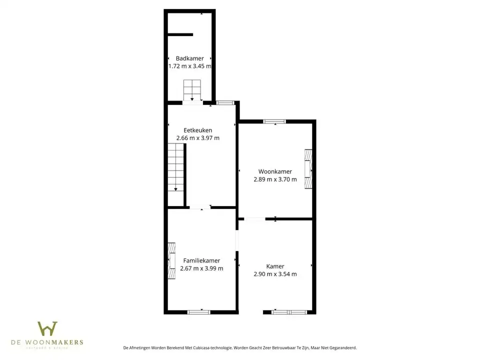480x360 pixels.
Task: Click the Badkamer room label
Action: tap(189, 58)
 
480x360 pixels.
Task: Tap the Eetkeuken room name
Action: tap(197, 130)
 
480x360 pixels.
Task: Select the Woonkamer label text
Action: tap(275, 171)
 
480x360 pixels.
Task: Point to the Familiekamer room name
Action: tap(201, 260)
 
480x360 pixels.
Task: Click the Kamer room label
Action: tap(275, 266)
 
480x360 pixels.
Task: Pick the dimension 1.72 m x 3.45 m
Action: tap(189, 66)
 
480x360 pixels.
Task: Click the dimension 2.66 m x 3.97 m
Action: tap(197, 138)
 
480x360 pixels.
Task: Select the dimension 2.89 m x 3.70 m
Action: tap(275, 179)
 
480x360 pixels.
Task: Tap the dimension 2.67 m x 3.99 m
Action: tap(201, 268)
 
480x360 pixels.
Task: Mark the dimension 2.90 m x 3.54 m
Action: tap(275, 274)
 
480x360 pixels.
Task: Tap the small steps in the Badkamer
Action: tap(192, 90)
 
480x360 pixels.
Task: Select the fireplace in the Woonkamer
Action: tap(309, 168)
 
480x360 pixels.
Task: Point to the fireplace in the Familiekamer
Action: tap(171, 260)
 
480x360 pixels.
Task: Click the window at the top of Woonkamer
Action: tap(274, 121)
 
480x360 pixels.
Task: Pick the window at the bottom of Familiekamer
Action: tap(198, 312)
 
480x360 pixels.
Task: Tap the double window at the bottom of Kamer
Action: tap(289, 312)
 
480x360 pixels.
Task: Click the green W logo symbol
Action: tap(47, 329)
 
